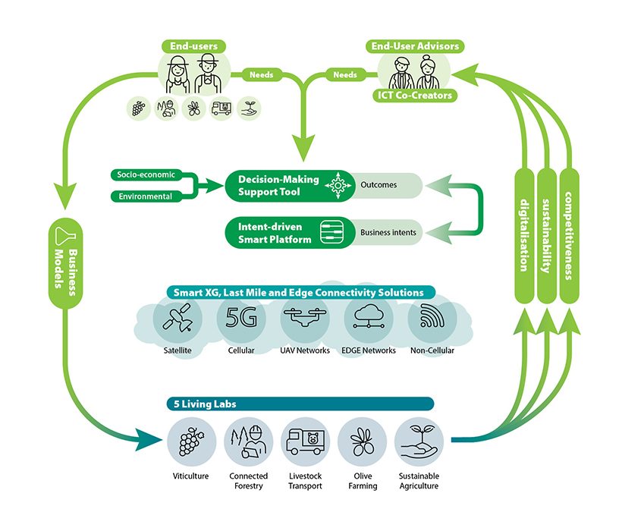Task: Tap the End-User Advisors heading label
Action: [416, 46]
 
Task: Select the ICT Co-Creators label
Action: [415, 95]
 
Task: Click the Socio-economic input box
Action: [146, 174]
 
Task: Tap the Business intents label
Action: [388, 232]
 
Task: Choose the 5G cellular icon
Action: [241, 319]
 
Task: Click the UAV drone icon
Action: [304, 319]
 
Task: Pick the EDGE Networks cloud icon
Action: [368, 319]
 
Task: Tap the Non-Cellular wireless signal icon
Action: [430, 319]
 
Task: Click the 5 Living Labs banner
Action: [300, 404]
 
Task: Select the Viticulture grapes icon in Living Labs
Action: [190, 440]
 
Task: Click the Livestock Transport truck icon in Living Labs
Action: [304, 440]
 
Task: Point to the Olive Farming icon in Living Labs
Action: [363, 440]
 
